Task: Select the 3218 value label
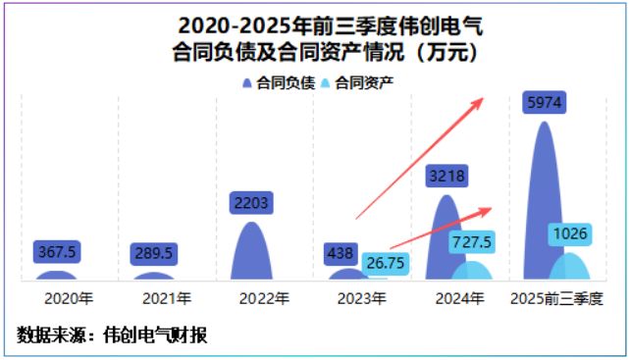pos(446,177)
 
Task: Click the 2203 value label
pos(252,203)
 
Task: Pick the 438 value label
pos(341,253)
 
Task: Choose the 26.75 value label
pos(382,262)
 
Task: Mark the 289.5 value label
pos(153,253)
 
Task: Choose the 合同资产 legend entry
pos(364,83)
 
